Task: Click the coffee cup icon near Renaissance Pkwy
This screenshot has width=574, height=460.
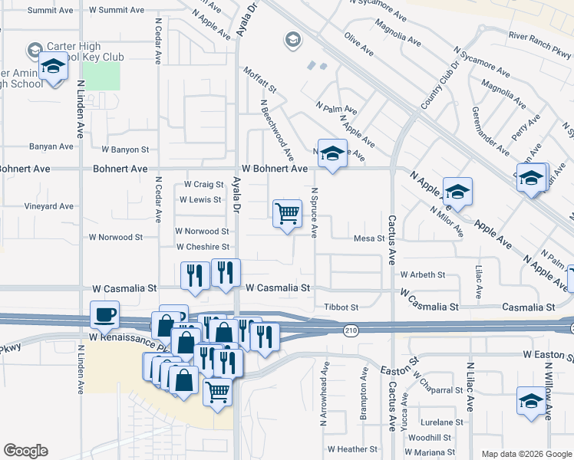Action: click(x=105, y=314)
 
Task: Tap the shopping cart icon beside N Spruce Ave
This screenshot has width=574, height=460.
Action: click(x=287, y=214)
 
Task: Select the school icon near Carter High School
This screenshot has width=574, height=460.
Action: click(x=54, y=69)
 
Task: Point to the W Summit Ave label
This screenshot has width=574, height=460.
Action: click(x=116, y=11)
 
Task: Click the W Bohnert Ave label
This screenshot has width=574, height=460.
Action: click(x=274, y=168)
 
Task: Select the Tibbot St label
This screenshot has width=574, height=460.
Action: click(x=341, y=307)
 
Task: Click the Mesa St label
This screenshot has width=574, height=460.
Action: click(x=368, y=238)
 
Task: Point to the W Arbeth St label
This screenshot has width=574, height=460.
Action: click(x=422, y=274)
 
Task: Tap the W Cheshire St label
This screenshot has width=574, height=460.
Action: click(x=203, y=247)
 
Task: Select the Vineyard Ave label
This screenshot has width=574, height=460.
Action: click(x=49, y=206)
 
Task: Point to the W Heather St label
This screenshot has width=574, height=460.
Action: click(x=352, y=449)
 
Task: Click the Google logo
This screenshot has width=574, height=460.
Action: click(x=25, y=451)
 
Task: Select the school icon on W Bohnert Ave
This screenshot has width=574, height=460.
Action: click(x=332, y=153)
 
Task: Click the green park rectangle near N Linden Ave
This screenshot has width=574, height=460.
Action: click(x=101, y=76)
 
